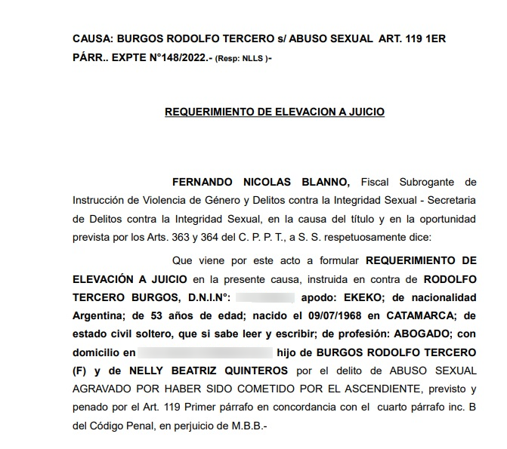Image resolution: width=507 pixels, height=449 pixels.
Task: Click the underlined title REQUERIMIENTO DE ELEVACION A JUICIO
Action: coord(274,112)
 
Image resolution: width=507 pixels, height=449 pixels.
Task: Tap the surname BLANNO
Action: coord(324,182)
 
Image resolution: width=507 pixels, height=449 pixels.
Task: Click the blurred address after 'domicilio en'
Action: coord(205,352)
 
